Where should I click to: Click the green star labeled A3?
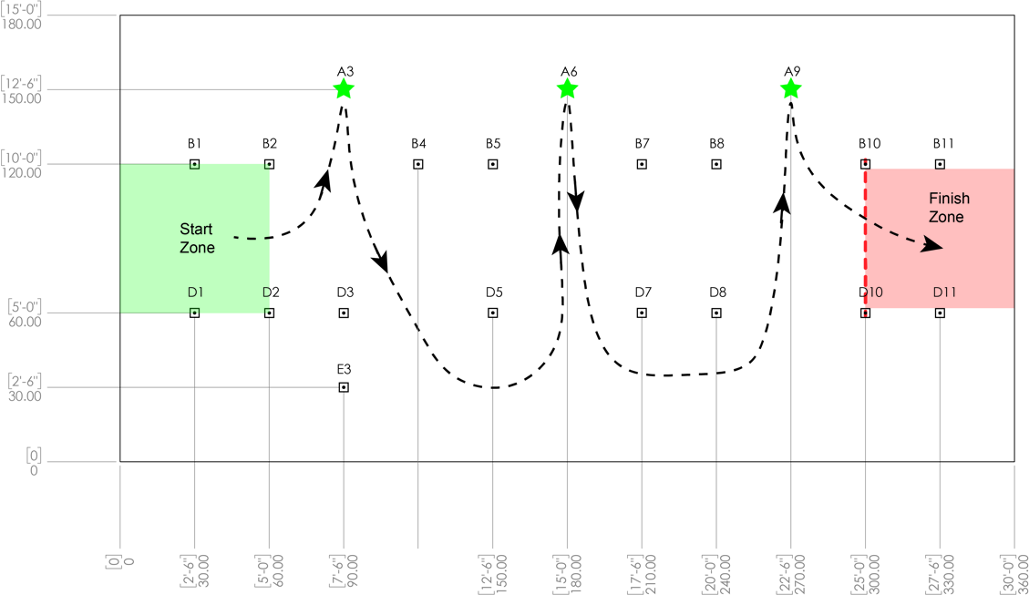click(x=344, y=88)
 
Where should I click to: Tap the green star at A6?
click(x=567, y=88)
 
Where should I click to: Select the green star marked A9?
click(x=791, y=88)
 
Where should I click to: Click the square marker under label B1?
click(x=194, y=164)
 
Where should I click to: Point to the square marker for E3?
click(x=344, y=387)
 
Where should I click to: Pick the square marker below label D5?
click(x=493, y=313)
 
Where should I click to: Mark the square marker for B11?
click(x=940, y=164)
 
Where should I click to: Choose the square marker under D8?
click(x=716, y=313)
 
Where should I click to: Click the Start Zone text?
click(x=197, y=238)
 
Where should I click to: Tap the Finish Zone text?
click(x=948, y=208)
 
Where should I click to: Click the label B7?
click(x=642, y=144)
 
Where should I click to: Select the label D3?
click(x=345, y=292)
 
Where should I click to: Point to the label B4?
click(x=418, y=144)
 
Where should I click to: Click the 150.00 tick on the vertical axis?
click(x=21, y=98)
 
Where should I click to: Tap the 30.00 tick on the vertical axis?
click(x=25, y=395)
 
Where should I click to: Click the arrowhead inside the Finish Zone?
click(x=932, y=246)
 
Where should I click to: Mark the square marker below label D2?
click(x=269, y=313)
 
